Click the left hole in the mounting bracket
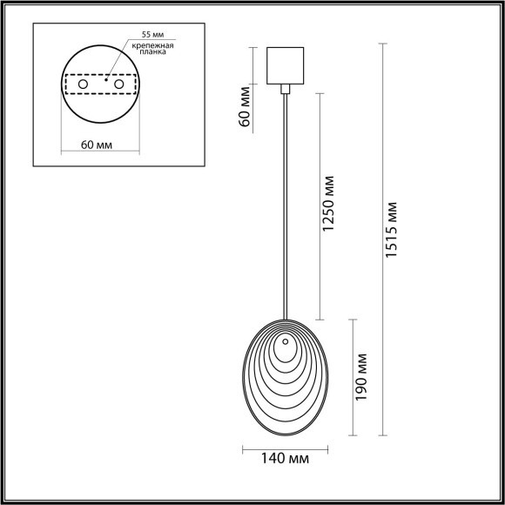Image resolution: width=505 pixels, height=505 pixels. [x=84, y=84]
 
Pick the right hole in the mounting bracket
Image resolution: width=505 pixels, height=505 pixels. [x=118, y=84]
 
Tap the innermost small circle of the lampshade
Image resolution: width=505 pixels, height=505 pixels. [x=285, y=354]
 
